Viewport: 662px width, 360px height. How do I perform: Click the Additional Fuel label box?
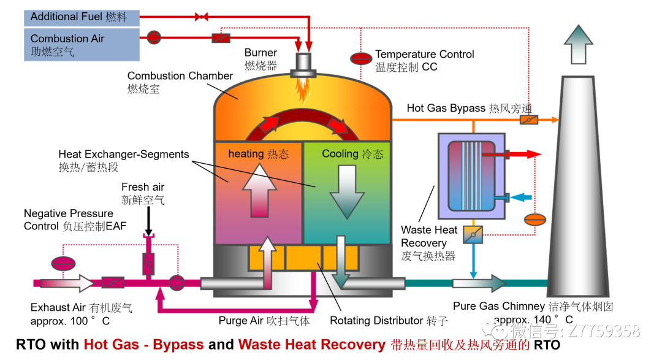point(82,17)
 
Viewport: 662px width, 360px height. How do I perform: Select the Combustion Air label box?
point(82,44)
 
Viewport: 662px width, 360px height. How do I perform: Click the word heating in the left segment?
point(243,154)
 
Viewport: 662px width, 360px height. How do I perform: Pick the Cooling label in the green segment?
point(339,154)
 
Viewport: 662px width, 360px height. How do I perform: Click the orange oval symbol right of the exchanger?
point(535,219)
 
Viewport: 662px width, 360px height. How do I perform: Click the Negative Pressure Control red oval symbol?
point(62,264)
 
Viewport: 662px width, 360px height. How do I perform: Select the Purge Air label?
point(264,320)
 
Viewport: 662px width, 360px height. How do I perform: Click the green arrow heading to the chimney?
point(479,283)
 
